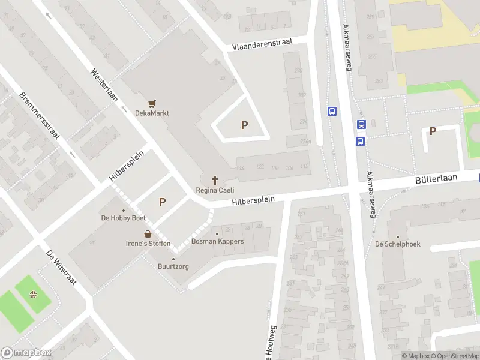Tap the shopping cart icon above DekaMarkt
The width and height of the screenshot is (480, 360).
(x=152, y=103)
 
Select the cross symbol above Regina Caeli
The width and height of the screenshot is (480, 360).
(x=214, y=180)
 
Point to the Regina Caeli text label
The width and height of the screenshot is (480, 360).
(x=215, y=190)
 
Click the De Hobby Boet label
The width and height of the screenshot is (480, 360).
(x=124, y=218)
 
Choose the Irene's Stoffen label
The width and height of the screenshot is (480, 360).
(x=148, y=244)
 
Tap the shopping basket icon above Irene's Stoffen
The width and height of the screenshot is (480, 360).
(x=148, y=233)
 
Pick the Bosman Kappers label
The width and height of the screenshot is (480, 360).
(x=217, y=241)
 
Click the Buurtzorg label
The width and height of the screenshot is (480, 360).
(x=173, y=266)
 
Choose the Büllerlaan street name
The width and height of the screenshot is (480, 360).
(x=436, y=179)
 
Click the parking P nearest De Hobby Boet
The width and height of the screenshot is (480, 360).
(x=162, y=202)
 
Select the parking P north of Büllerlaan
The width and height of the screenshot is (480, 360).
(x=433, y=131)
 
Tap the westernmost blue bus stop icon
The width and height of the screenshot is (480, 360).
(x=332, y=111)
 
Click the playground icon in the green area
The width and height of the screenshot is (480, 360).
(x=34, y=295)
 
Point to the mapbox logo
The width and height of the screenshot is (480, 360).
(x=26, y=353)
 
